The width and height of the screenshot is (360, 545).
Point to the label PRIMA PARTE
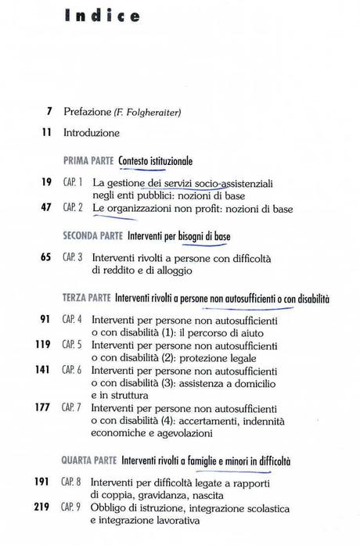88,160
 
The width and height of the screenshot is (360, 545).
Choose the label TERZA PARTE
85,298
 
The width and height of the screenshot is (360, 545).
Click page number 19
46,181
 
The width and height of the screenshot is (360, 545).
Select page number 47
46,208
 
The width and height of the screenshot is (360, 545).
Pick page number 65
46,256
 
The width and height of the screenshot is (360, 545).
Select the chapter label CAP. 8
74,483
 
